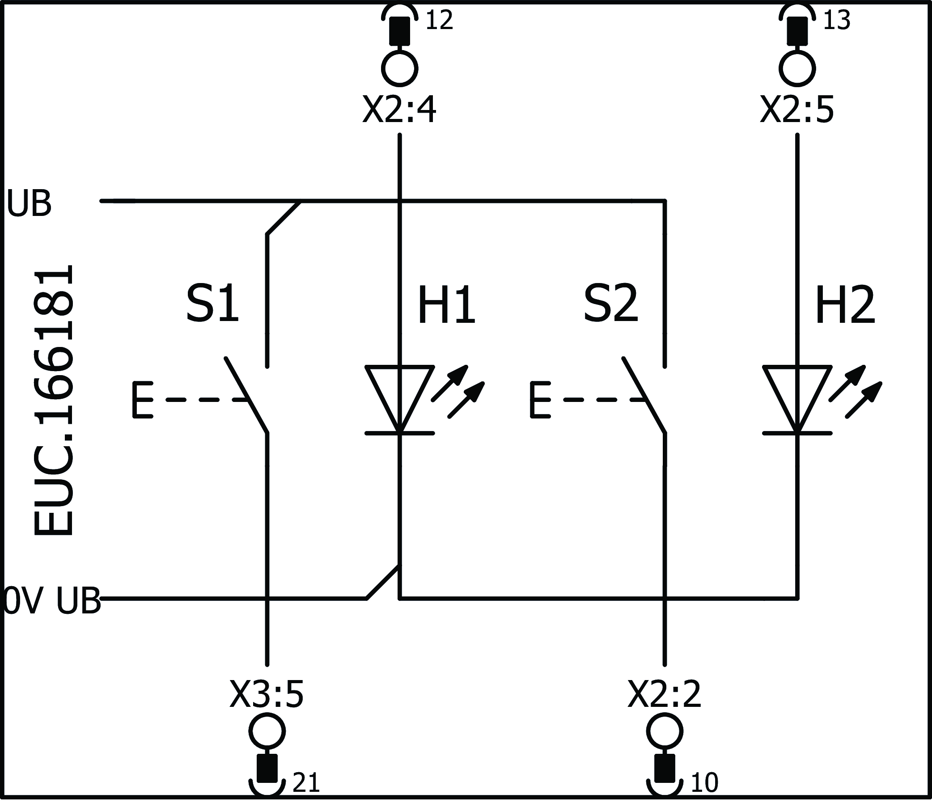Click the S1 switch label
[x=212, y=304]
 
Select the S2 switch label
[x=610, y=304]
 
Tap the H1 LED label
[x=446, y=306]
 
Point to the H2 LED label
[x=845, y=306]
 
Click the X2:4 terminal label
[x=399, y=110]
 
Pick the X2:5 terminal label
[x=797, y=110]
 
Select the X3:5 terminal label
[x=267, y=695]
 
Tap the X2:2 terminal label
[x=665, y=695]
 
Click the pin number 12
[x=439, y=21]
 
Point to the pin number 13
[x=836, y=21]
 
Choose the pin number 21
[x=306, y=783]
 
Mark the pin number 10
[x=704, y=783]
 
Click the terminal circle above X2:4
[x=399, y=68]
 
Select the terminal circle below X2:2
[x=665, y=731]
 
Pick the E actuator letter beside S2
[x=540, y=400]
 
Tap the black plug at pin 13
[x=797, y=30]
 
